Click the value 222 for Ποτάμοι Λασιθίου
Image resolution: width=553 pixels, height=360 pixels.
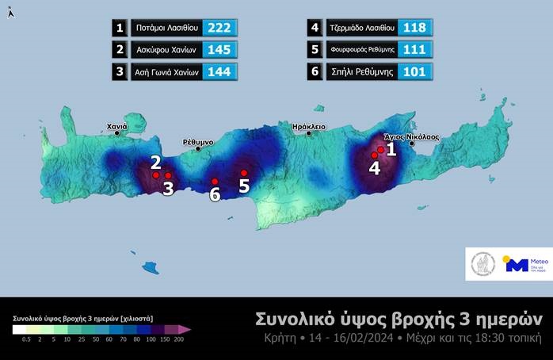coord(219,28)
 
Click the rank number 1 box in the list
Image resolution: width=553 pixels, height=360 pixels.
coord(120,28)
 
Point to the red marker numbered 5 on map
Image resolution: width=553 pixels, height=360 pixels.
coord(244,173)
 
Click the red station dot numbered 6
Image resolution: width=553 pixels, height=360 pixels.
coord(215,182)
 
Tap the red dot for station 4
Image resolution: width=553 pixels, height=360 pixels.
coord(375,155)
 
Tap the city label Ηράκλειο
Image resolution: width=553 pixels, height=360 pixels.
coord(309,125)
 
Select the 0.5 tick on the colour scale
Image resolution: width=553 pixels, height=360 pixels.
coord(27,339)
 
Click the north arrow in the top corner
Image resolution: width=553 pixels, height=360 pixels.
coord(10,13)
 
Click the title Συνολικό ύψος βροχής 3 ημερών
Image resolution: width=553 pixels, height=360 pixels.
coord(399,319)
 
